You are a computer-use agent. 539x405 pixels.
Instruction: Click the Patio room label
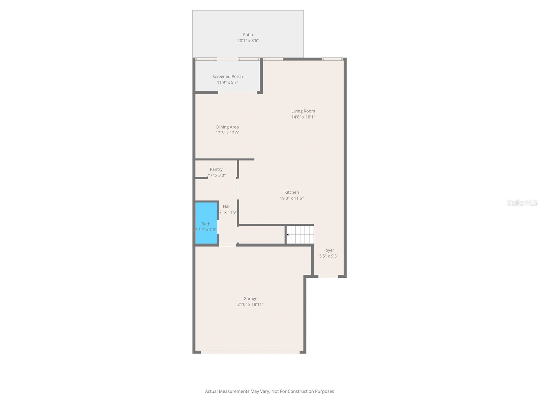coord(248,35)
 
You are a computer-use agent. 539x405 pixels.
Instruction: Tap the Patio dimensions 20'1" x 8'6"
coord(248,41)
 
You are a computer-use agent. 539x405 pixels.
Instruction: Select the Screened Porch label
coord(227,77)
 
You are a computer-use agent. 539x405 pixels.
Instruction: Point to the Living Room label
coord(303,111)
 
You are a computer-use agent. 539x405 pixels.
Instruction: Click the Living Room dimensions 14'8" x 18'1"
coord(303,117)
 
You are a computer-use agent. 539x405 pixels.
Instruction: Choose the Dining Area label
coord(227,127)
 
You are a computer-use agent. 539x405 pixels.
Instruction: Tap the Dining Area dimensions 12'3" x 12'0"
coord(227,133)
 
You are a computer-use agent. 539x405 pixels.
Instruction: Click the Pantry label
coord(216,169)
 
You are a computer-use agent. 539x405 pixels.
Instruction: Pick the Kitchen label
coord(292,192)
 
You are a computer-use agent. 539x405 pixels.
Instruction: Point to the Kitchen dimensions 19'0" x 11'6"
coord(292,198)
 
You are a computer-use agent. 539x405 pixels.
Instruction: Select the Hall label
coord(227,207)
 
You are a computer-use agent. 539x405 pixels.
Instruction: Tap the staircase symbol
coord(300,235)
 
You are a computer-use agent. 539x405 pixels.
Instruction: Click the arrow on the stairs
coord(288,235)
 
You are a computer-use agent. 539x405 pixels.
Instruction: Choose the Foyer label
coord(329,250)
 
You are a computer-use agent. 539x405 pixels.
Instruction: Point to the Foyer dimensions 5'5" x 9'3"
coord(329,256)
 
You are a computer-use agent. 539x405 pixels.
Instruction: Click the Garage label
coord(250,299)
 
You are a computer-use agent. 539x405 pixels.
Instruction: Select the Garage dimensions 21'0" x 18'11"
coord(250,304)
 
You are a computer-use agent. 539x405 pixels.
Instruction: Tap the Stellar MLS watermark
coord(522,203)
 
